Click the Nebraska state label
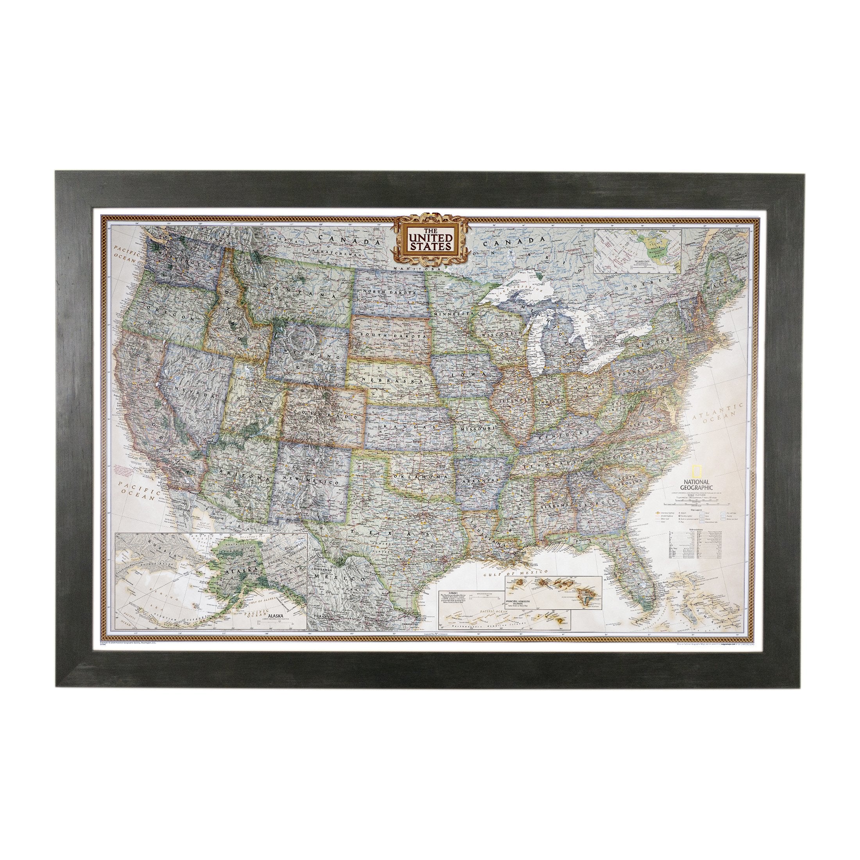tap(391, 382)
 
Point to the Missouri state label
tap(478, 428)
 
